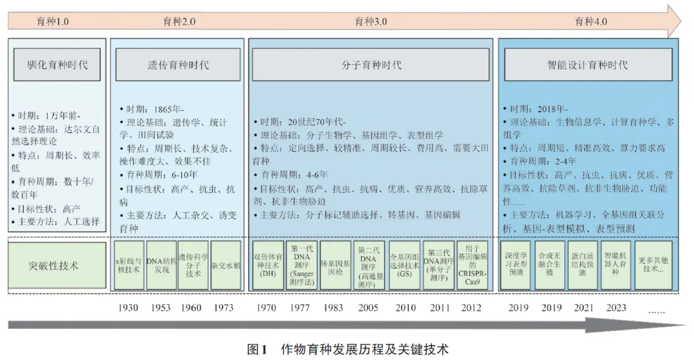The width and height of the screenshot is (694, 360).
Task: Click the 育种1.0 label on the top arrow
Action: [53, 22]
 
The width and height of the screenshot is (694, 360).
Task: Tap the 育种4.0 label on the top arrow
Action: [591, 22]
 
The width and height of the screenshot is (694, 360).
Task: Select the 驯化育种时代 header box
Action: [57, 64]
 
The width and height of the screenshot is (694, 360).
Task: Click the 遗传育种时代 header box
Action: [177, 64]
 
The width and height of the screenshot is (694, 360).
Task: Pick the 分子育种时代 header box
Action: [371, 64]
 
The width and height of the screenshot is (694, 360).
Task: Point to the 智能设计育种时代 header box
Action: [587, 64]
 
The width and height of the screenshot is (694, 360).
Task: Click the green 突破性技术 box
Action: [57, 265]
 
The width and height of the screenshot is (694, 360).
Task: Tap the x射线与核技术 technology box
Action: [129, 265]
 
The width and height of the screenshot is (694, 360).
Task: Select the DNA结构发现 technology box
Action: [161, 265]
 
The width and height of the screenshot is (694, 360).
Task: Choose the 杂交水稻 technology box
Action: [226, 265]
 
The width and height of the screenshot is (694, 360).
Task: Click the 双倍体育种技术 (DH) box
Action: [267, 265]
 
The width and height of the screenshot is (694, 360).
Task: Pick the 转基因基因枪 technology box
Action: [335, 265]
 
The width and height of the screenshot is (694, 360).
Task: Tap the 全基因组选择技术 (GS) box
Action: [404, 265]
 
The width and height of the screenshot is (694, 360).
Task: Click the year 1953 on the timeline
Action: [161, 308]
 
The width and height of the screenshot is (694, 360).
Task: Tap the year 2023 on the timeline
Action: [614, 308]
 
